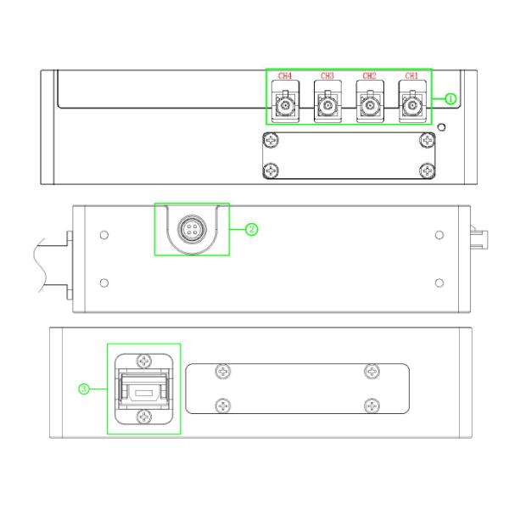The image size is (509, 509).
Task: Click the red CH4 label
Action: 285,76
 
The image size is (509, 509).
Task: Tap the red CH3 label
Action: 327,76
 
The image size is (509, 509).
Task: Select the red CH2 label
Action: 369,76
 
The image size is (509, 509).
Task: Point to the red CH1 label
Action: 411,76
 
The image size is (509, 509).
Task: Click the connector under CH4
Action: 285,105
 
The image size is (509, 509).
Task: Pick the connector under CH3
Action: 327,105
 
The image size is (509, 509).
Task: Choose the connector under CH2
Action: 370,105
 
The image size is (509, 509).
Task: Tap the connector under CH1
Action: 412,105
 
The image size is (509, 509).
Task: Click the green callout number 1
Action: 450,98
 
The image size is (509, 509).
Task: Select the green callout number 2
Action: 252,230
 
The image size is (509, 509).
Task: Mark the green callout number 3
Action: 84,389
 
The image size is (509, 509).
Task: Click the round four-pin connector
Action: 192,228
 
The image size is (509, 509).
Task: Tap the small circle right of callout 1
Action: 441,127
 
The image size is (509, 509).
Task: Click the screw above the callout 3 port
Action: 144,361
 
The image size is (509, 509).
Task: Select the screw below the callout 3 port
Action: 144,417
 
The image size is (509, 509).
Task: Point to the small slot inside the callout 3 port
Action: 144,393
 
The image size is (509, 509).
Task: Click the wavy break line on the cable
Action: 40,266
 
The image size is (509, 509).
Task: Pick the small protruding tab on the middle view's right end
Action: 479,238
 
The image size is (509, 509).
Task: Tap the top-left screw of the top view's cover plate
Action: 271,140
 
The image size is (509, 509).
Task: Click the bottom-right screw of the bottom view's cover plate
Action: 372,406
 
